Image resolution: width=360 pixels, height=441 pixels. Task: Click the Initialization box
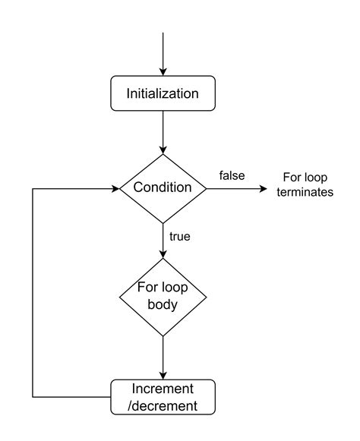(163, 95)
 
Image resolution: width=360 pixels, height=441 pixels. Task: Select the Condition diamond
(163, 187)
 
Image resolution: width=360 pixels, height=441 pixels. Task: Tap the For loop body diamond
(163, 297)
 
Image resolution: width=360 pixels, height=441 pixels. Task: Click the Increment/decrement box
(163, 396)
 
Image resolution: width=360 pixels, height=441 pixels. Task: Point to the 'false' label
(232, 175)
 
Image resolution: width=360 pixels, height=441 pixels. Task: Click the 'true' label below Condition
(179, 236)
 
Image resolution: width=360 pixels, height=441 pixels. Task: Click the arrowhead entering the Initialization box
(163, 71)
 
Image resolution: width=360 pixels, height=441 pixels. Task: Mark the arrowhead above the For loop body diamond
(163, 256)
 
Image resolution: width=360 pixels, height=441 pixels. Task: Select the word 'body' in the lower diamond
(163, 305)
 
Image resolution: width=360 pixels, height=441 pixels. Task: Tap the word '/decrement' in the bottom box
(163, 405)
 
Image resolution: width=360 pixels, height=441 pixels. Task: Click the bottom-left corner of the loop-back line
(33, 396)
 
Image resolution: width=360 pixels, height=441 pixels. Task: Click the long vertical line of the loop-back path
(33, 292)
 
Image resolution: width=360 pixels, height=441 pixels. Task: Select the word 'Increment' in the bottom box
(163, 388)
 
